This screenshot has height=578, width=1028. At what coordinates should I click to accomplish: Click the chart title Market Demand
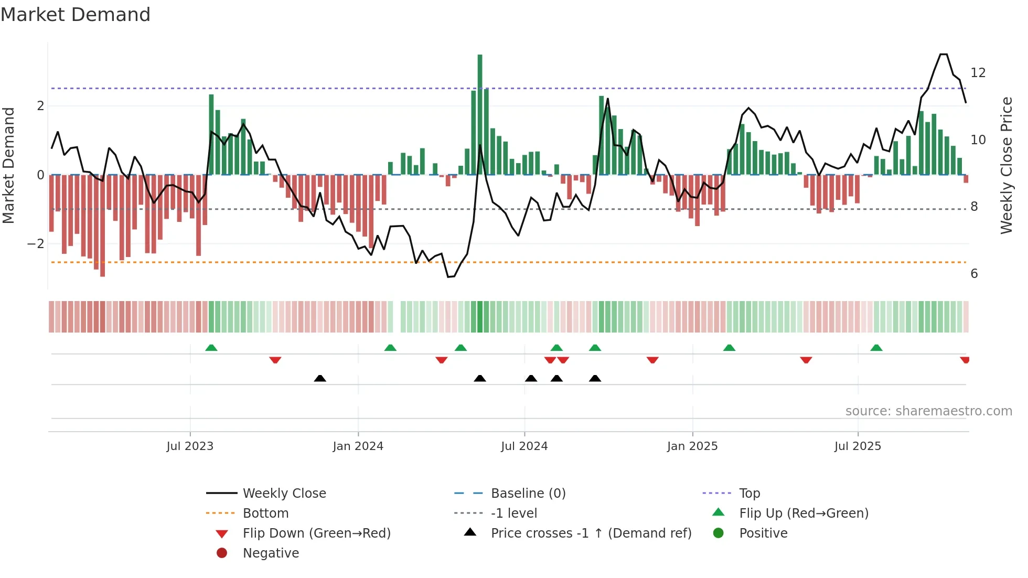(76, 15)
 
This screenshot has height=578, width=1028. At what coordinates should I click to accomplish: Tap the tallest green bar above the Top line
(480, 71)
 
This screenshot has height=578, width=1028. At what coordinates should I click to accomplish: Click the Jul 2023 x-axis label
(190, 446)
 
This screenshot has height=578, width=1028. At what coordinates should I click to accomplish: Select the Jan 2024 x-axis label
(358, 446)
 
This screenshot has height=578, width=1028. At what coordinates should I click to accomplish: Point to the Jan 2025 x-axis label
(692, 446)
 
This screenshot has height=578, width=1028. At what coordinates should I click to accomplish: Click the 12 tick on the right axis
(978, 73)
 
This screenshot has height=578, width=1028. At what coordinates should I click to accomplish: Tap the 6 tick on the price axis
(974, 274)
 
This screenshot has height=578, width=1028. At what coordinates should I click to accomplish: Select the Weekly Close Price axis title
(1006, 165)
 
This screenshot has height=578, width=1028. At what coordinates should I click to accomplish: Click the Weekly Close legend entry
(284, 494)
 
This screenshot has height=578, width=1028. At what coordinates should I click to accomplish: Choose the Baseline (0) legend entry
(528, 494)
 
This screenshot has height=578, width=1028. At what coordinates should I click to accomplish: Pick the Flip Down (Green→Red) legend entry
(316, 533)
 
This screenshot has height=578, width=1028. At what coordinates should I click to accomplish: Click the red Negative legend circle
(222, 553)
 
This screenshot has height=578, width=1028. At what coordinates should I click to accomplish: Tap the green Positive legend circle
(719, 533)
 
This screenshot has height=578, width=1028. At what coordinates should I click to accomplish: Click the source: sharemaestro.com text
(928, 411)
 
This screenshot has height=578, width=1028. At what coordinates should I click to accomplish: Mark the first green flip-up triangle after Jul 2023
(211, 348)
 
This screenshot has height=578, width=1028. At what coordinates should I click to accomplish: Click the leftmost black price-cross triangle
(320, 378)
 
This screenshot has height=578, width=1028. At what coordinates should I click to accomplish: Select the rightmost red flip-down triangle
(965, 360)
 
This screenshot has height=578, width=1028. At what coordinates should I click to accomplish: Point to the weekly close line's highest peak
(943, 55)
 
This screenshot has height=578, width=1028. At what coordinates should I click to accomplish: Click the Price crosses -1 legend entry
(591, 533)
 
